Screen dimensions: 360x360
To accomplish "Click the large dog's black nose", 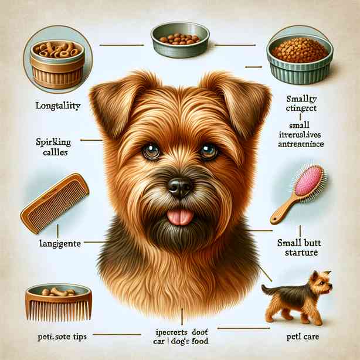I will (x=178, y=187).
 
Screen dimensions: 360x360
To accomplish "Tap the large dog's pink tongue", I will (x=180, y=217).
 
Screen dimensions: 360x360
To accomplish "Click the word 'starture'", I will (x=298, y=253).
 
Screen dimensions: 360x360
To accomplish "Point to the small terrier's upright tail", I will (x=266, y=288).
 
